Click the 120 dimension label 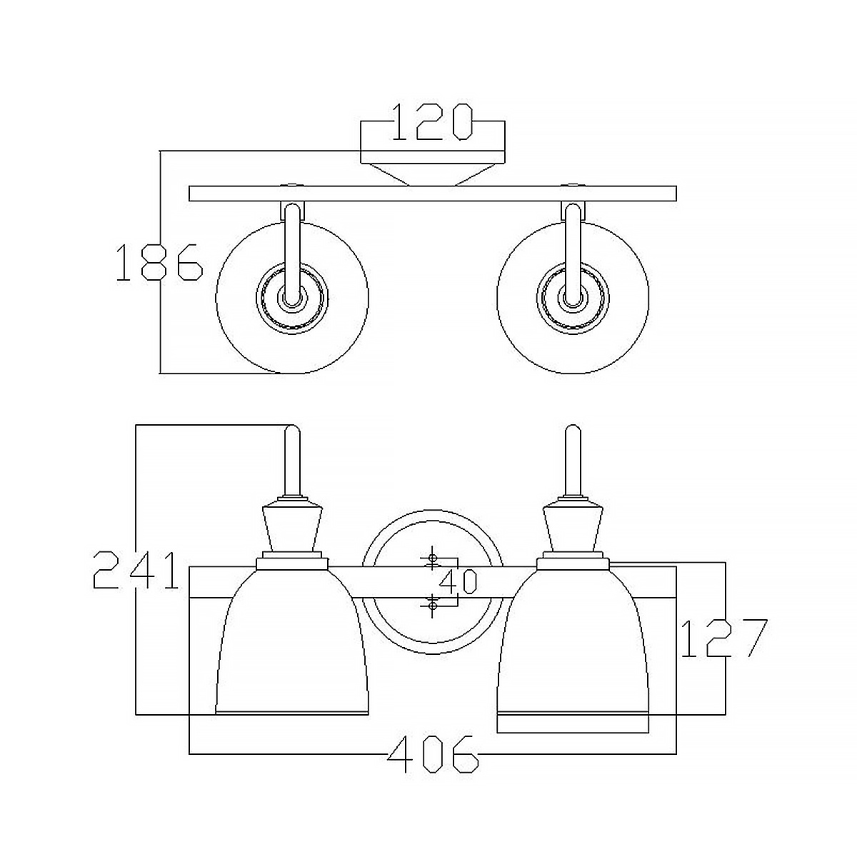tap(431, 122)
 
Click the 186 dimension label tap(159, 262)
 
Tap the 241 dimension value tap(136, 570)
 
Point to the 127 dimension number tap(724, 638)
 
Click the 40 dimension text tap(458, 582)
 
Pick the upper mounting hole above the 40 tap(432, 558)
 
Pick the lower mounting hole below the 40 tap(432, 605)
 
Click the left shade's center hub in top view tap(292, 297)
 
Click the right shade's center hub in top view tap(573, 297)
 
